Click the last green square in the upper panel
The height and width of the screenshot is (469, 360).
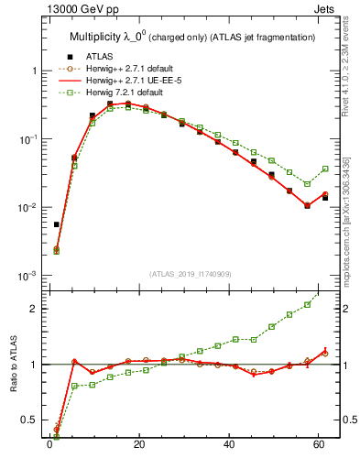pyautogui.click(x=325, y=169)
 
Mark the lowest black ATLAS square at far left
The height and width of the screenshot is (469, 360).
pyautogui.click(x=57, y=224)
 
